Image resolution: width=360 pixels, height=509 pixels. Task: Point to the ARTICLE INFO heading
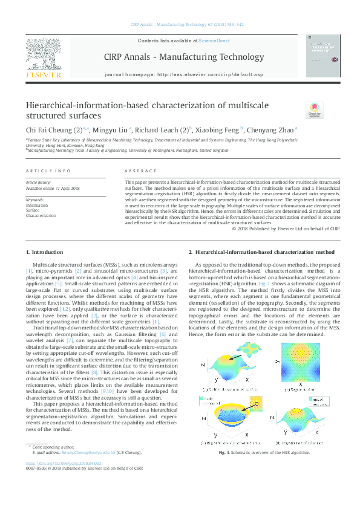[48, 172]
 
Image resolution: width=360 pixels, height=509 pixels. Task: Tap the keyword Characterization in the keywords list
[41, 215]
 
